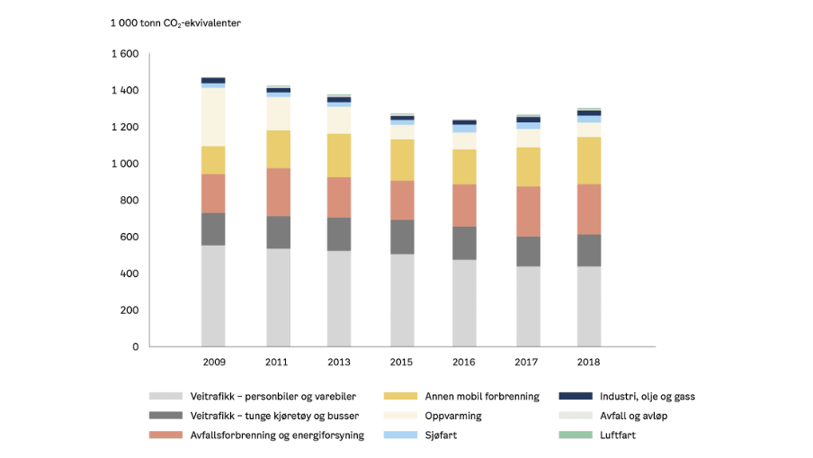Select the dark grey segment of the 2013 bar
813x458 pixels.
click(338, 233)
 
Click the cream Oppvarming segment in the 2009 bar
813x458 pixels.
click(213, 117)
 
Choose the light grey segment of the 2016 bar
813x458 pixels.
click(463, 302)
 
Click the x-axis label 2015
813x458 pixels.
click(401, 362)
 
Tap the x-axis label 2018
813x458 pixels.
click(588, 362)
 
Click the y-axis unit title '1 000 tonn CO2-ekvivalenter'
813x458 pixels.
click(175, 22)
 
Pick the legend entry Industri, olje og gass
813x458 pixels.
click(646, 396)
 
